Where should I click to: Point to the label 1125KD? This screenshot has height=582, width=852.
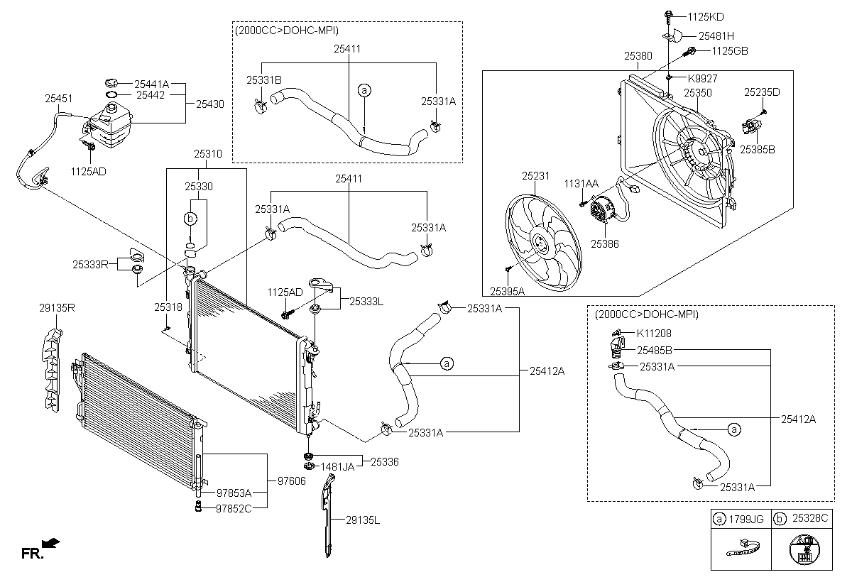[706, 16]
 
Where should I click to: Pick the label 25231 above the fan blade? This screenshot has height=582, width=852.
[537, 175]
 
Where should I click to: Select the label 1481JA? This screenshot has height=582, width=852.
[338, 466]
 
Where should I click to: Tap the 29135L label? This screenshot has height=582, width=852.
[362, 520]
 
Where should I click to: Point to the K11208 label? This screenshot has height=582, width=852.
[654, 333]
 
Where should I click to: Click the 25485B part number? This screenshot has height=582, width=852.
[654, 349]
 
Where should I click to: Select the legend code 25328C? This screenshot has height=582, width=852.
[810, 520]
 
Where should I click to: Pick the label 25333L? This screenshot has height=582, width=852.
[366, 302]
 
